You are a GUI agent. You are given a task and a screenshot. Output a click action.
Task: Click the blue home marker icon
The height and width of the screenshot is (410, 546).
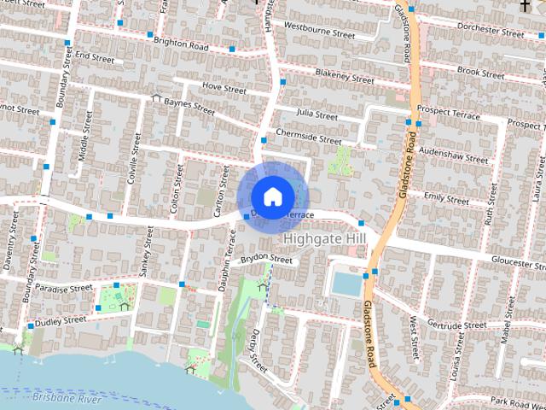coord(271,196)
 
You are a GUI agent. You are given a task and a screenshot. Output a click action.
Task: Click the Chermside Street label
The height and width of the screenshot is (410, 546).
coord(308,138)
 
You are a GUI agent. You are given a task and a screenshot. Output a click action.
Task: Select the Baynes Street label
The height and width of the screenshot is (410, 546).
coord(189,107)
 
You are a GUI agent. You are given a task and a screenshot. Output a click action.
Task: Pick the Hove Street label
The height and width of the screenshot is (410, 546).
coord(224,88)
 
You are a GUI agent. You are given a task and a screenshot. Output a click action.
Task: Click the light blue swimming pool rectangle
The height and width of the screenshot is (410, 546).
coord(346,284)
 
